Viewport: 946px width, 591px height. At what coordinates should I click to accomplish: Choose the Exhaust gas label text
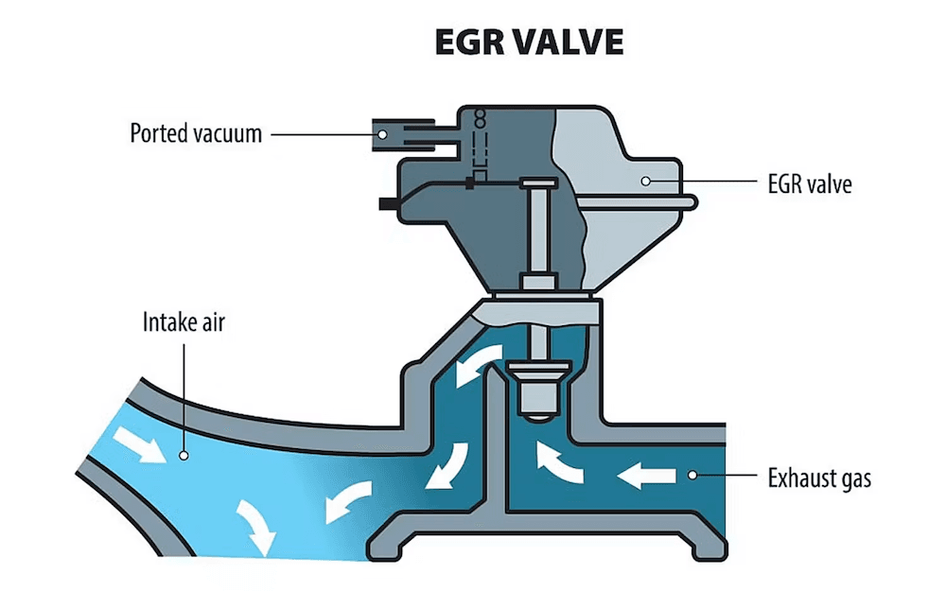pyautogui.click(x=819, y=478)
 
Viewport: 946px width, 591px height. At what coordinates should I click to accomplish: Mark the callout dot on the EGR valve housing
pyautogui.click(x=644, y=180)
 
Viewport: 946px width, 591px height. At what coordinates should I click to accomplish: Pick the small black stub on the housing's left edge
pyautogui.click(x=386, y=202)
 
